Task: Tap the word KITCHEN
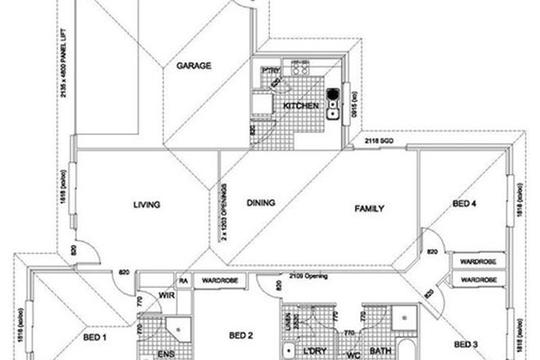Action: tap(297, 106)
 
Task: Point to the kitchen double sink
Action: tap(333, 103)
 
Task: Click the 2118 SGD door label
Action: tap(379, 142)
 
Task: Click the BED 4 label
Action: tap(465, 205)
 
